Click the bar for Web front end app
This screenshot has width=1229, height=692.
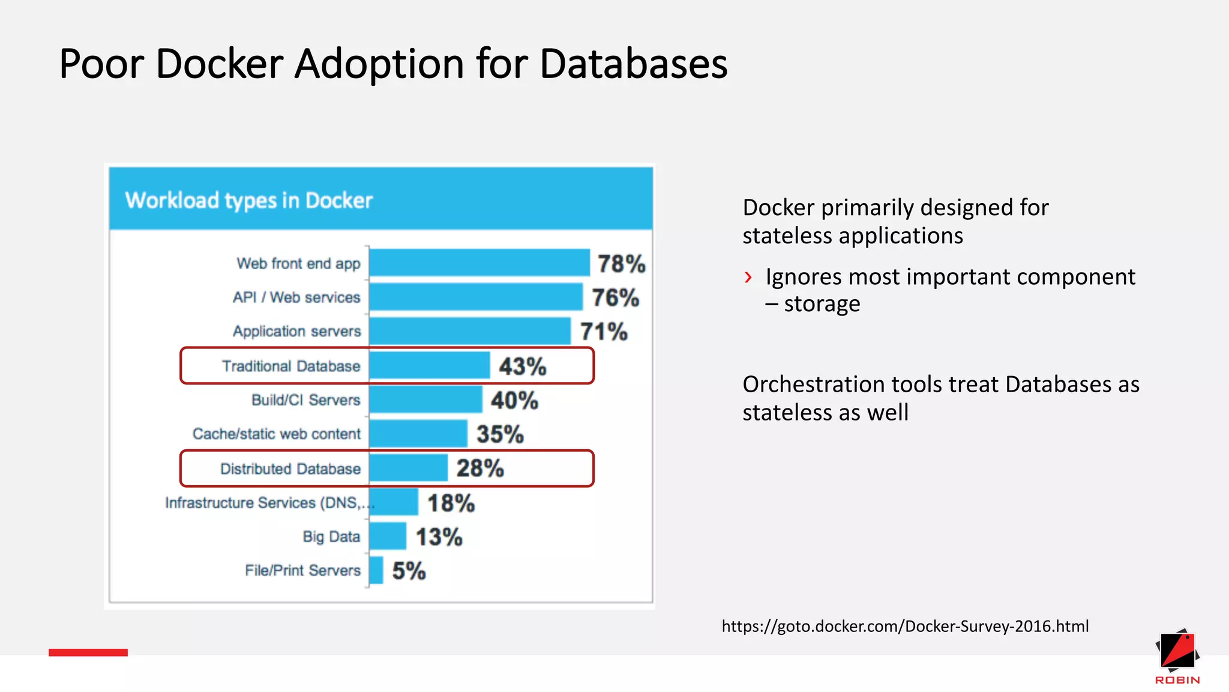click(479, 263)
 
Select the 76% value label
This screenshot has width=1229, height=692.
click(615, 298)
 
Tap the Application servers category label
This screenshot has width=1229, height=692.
click(296, 332)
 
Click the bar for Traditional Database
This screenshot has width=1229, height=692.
click(429, 366)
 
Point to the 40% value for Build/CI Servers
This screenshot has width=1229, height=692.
click(514, 401)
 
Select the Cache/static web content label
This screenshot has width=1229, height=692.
click(276, 434)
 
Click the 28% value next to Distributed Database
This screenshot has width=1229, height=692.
click(480, 469)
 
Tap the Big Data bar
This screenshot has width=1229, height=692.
click(388, 536)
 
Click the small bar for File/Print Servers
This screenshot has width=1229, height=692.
click(376, 570)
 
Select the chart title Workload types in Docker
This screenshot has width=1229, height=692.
click(248, 201)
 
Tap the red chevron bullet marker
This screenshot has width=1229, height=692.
click(748, 278)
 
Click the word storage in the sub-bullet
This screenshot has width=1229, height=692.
click(822, 304)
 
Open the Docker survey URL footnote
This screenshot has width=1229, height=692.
click(904, 627)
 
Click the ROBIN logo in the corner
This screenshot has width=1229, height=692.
click(1177, 657)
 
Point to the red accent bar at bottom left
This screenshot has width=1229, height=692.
click(88, 652)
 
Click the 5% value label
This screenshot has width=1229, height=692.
click(409, 571)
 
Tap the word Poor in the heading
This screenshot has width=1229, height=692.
click(101, 64)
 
